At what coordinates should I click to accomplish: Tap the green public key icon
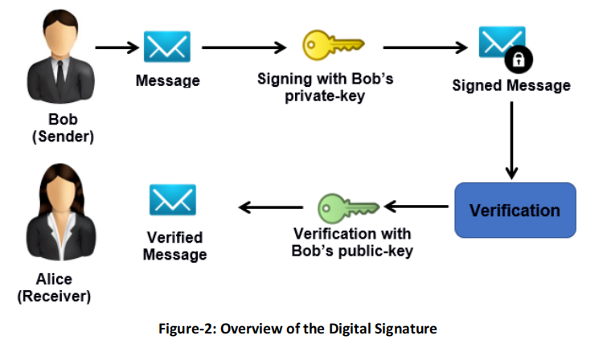click(347, 207)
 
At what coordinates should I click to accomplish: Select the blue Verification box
click(515, 211)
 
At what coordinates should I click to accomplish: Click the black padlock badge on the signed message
click(519, 60)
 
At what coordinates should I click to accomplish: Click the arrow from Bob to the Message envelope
click(117, 47)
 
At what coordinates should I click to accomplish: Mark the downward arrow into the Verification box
click(512, 140)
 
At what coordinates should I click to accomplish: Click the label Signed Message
click(511, 85)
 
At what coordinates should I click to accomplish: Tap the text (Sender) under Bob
click(63, 137)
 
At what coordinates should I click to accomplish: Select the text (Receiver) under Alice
click(54, 297)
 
